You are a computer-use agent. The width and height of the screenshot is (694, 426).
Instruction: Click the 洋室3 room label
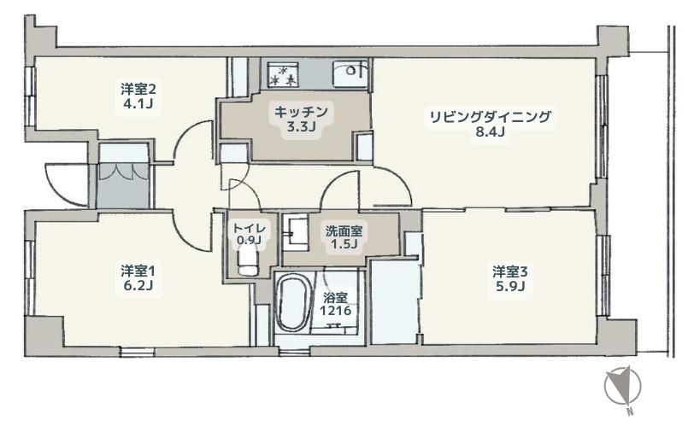[x=509, y=271]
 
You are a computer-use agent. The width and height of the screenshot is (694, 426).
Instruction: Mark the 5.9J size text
[x=509, y=288]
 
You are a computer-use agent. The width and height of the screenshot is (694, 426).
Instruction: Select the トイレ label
[x=250, y=228]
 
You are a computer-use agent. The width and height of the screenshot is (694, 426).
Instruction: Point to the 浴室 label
[x=335, y=298]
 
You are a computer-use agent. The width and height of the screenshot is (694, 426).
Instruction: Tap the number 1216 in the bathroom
[x=335, y=312]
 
